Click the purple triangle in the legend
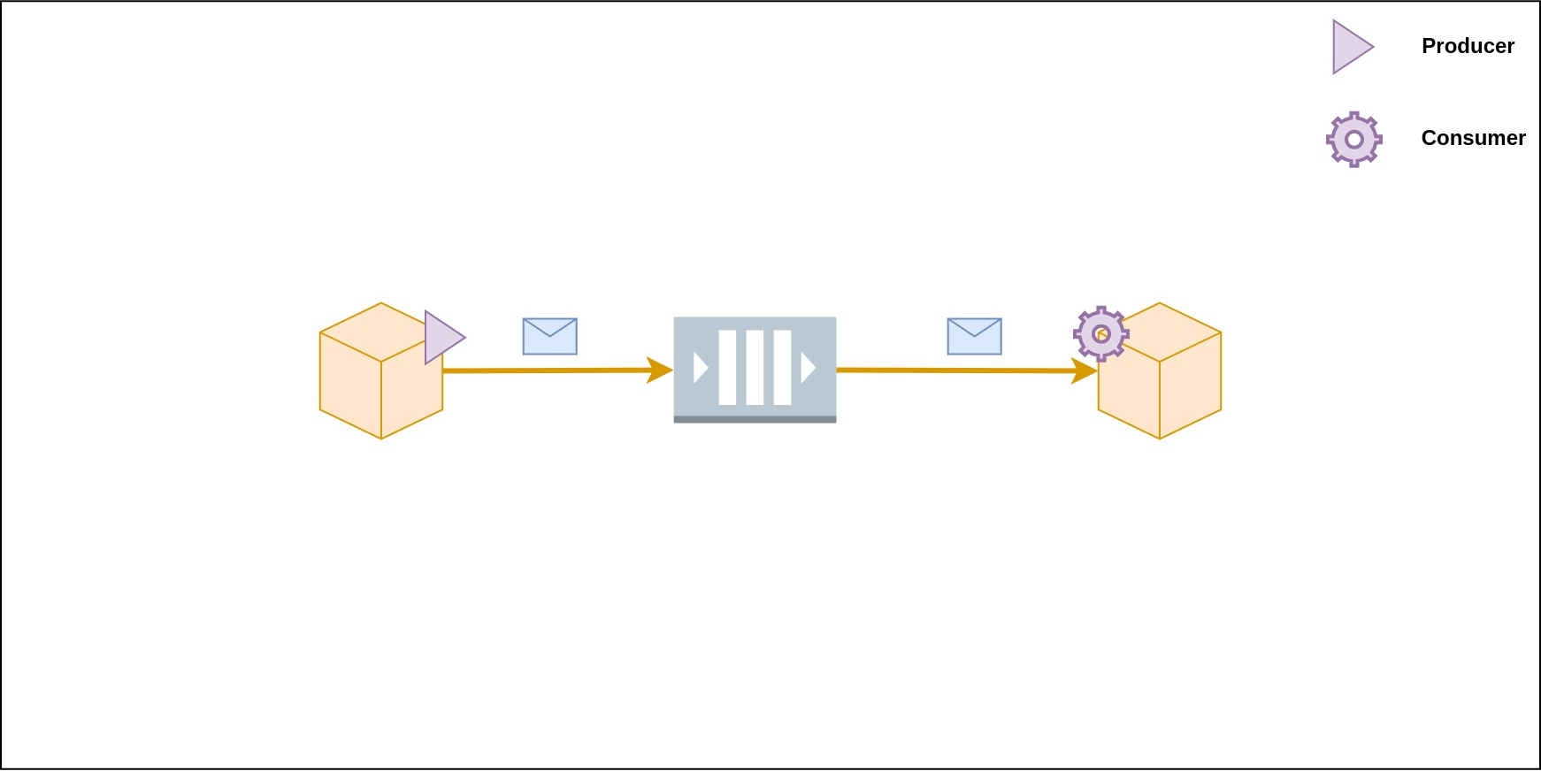tap(1349, 47)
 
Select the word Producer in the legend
tap(1468, 46)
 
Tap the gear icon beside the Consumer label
tap(1353, 139)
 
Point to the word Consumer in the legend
tap(1473, 138)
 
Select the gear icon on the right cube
tap(1100, 333)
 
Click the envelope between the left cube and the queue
tap(549, 336)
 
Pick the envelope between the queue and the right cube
tap(974, 336)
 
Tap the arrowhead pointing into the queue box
tap(659, 370)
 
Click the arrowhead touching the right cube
tap(1084, 370)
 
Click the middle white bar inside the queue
tap(755, 367)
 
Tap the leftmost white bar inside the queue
tap(727, 367)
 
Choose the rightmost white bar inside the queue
tap(782, 367)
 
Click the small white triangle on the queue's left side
tap(700, 367)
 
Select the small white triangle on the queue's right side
tap(807, 367)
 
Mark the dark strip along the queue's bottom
tap(755, 419)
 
